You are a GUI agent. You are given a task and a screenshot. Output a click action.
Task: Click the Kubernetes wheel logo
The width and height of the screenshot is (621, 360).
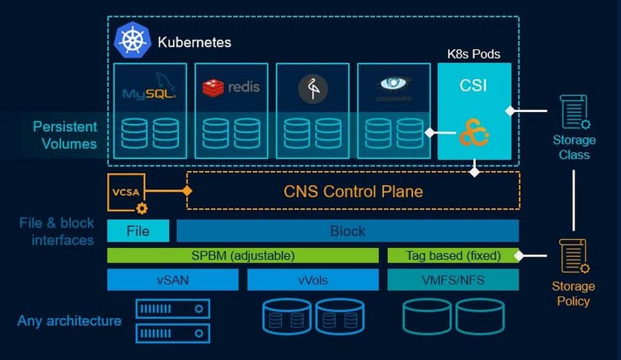coord(133,40)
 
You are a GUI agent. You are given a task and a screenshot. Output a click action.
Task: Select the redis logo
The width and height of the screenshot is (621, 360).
coord(231,87)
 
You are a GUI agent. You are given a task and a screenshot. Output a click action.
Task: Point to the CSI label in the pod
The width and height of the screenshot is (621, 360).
coord(474,86)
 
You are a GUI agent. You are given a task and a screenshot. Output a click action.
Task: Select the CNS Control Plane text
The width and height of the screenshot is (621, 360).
coord(353,192)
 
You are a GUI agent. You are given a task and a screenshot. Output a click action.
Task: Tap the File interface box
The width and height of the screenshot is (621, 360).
coord(138,231)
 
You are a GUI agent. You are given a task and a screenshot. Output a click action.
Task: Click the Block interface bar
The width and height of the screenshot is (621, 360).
coord(347,231)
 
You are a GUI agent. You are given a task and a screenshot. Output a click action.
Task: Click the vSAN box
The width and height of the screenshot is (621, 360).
coord(172,280)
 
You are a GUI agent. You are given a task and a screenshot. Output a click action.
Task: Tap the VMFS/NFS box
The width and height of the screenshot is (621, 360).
coord(453,280)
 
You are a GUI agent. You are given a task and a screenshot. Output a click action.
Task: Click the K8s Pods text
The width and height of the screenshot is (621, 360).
coord(474,54)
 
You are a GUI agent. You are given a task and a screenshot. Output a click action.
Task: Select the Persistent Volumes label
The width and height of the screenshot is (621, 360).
coord(65,135)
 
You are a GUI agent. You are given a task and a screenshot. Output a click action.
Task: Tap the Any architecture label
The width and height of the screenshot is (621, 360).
coord(70,322)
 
